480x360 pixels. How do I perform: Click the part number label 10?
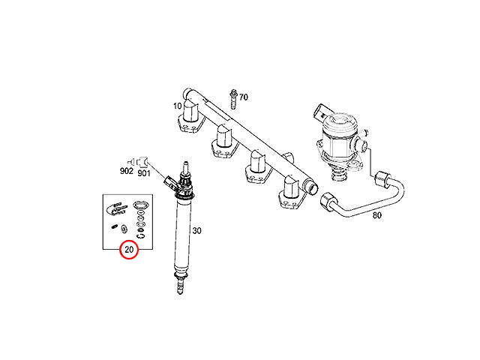pyautogui.click(x=178, y=106)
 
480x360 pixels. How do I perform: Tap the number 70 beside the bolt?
pyautogui.click(x=243, y=97)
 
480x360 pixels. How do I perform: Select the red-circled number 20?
pyautogui.click(x=129, y=250)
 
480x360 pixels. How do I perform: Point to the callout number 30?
pyautogui.click(x=196, y=230)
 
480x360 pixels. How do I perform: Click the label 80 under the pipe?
pyautogui.click(x=376, y=215)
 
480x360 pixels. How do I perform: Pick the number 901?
pyautogui.click(x=144, y=173)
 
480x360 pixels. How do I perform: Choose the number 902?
pyautogui.click(x=127, y=171)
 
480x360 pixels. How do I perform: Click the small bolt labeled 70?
pyautogui.click(x=234, y=98)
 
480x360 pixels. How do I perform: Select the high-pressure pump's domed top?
pyautogui.click(x=340, y=120)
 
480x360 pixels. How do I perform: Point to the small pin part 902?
pyautogui.click(x=131, y=161)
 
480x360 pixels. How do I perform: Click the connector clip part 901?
pyautogui.click(x=143, y=161)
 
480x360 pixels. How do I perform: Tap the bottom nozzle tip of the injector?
pyautogui.click(x=180, y=289)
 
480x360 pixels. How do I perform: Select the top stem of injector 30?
pyautogui.click(x=185, y=166)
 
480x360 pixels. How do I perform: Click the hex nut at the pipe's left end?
pyautogui.click(x=328, y=201)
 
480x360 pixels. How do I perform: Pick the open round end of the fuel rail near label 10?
pyautogui.click(x=186, y=93)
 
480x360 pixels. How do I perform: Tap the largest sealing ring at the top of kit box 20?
pyautogui.click(x=141, y=205)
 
